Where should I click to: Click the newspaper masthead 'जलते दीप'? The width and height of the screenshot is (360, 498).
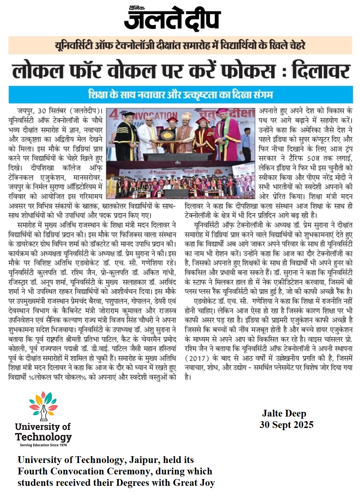tap(172, 19)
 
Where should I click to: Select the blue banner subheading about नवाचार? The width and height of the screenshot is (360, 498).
tap(180, 95)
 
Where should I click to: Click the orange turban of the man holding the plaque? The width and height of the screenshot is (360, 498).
tap(186, 116)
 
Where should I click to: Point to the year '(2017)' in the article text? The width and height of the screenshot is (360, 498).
tap(197, 358)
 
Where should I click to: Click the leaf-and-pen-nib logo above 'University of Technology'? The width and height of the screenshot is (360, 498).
tap(43, 407)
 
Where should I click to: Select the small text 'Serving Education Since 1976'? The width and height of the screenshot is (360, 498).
tap(43, 445)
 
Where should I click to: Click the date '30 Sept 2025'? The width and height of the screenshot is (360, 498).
tap(286, 425)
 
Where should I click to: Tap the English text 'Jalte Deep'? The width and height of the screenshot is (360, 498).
tap(284, 414)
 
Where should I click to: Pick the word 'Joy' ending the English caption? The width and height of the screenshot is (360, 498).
tap(207, 483)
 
